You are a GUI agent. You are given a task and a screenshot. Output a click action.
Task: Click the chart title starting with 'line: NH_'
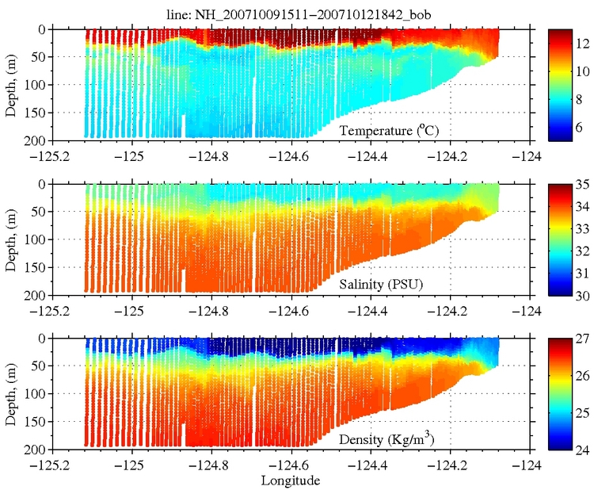pos(294,11)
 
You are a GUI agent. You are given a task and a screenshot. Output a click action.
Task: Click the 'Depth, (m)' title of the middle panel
pos(10,239)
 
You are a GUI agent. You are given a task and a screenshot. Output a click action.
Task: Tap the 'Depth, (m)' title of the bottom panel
pos(10,393)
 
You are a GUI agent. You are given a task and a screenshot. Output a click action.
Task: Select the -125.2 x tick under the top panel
pos(51,155)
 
